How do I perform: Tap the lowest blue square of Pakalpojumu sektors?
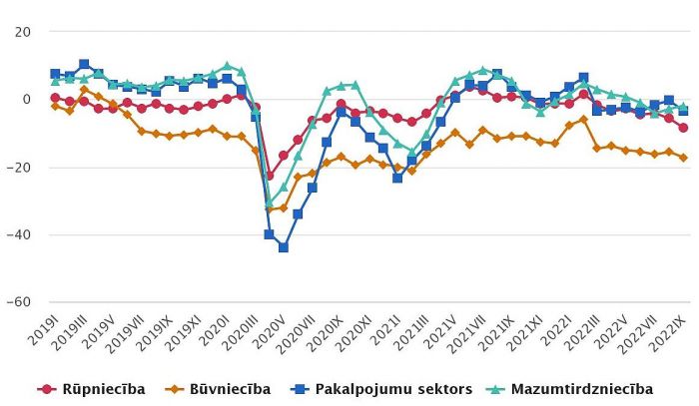[284, 247]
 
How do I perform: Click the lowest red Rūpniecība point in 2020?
[269, 176]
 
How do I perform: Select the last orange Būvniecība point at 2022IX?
[683, 158]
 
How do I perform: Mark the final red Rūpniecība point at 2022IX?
[683, 128]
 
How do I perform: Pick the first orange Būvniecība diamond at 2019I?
[55, 105]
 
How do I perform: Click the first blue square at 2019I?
[55, 74]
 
